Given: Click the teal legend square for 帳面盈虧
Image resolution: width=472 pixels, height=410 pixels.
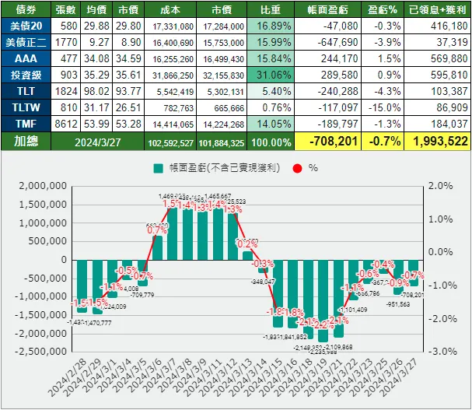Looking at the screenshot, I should click(x=159, y=167).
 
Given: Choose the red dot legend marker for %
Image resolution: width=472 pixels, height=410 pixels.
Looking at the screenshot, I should click(x=298, y=167).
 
